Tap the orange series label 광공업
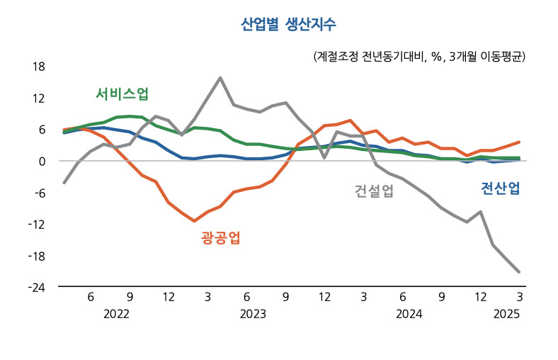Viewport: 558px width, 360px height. click(x=220, y=237)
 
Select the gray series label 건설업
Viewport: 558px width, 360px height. click(x=373, y=191)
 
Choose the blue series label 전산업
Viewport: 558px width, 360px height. click(x=501, y=188)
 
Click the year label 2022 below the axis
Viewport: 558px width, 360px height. click(x=116, y=313)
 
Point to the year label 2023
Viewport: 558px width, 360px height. click(x=253, y=313)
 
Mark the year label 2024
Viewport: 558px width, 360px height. click(x=409, y=313)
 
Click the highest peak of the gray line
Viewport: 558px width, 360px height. click(x=221, y=78)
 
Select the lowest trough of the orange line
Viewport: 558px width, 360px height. click(x=194, y=221)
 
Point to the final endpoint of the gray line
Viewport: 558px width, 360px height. click(x=519, y=271)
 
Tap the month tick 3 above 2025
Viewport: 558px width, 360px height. click(x=519, y=296)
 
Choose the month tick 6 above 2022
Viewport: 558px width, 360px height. click(x=91, y=296)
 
